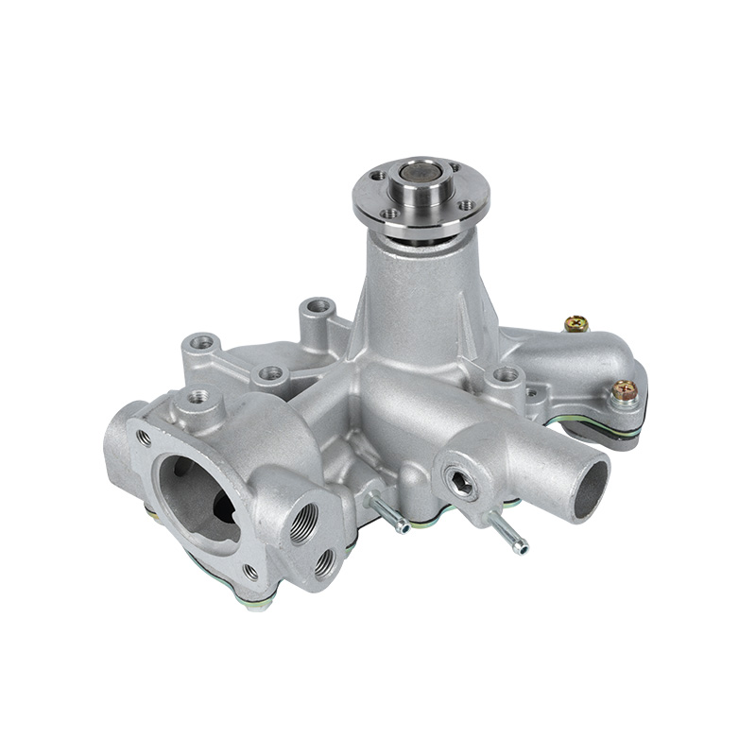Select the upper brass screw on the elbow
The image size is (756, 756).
[x=576, y=324]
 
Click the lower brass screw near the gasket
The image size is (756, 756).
[x=624, y=389]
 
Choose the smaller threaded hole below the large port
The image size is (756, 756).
[x=323, y=563]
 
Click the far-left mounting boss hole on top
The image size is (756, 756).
[x=201, y=343]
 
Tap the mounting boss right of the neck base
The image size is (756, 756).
[x=507, y=375]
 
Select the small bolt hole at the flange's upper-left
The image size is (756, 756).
[x=145, y=438]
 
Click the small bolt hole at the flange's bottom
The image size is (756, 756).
[x=249, y=572]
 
